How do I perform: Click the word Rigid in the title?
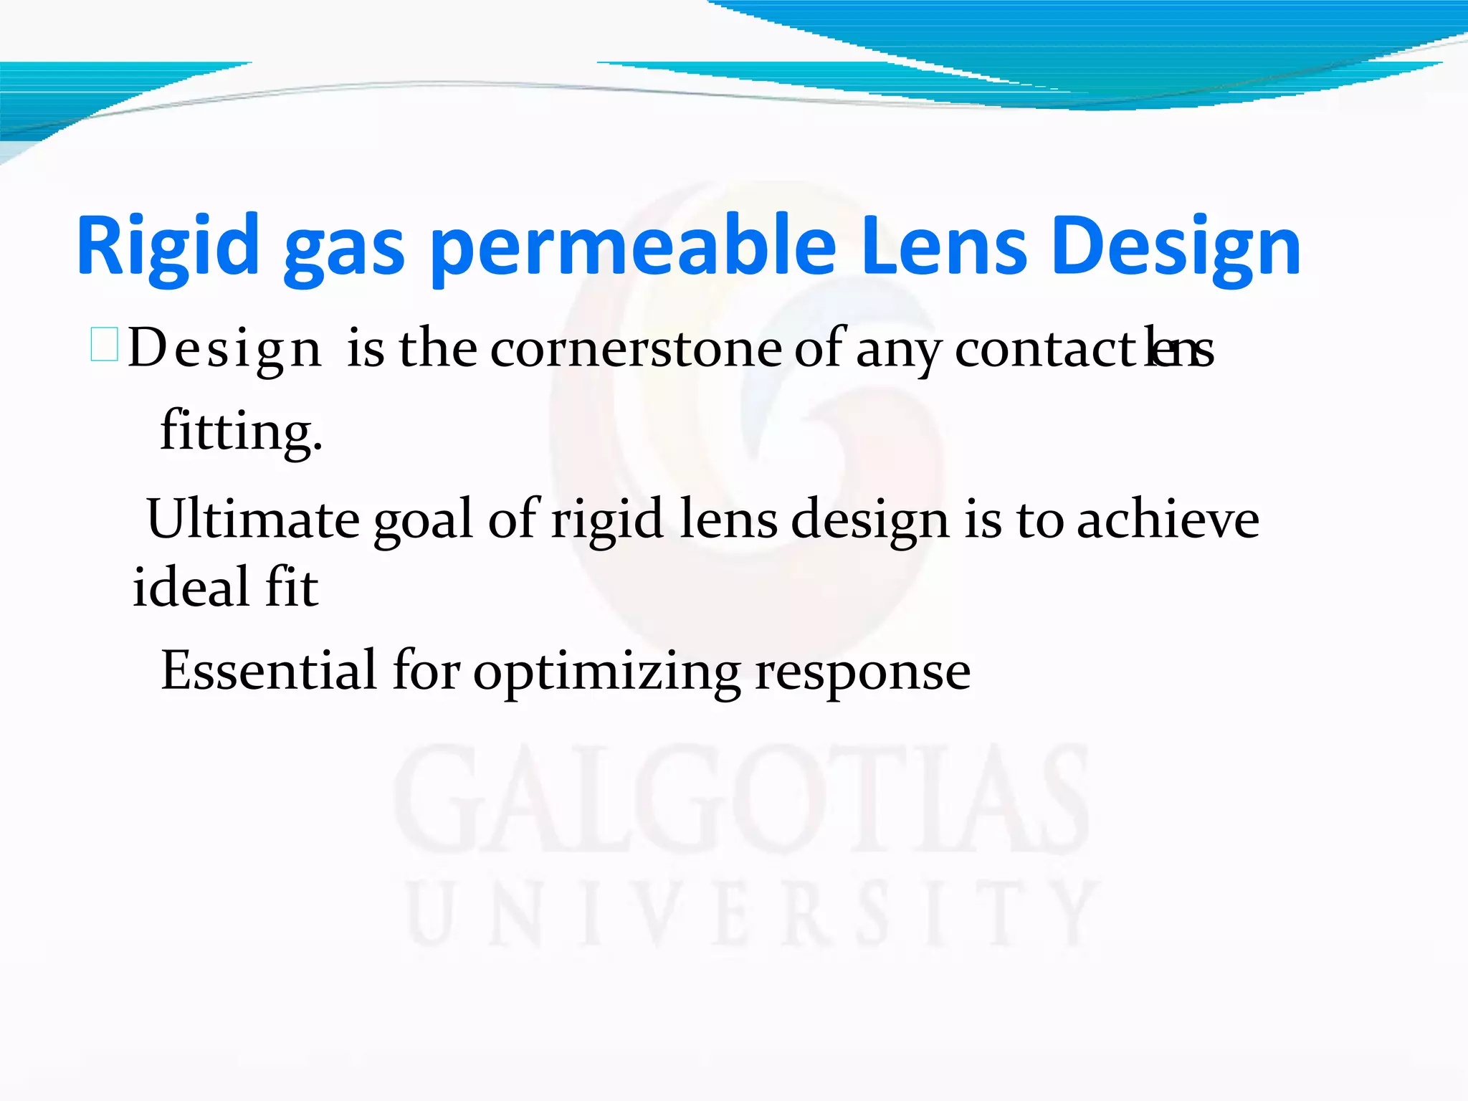coord(168,245)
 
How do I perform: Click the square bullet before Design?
coord(105,344)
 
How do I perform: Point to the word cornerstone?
coord(637,348)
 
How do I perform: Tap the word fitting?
coord(241,432)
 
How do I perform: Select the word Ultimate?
coord(252,519)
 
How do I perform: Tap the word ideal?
coord(190,586)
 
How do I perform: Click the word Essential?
coord(269,671)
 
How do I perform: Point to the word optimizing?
coord(606,672)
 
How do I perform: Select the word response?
coord(863,672)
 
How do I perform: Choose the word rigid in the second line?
coord(606,520)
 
